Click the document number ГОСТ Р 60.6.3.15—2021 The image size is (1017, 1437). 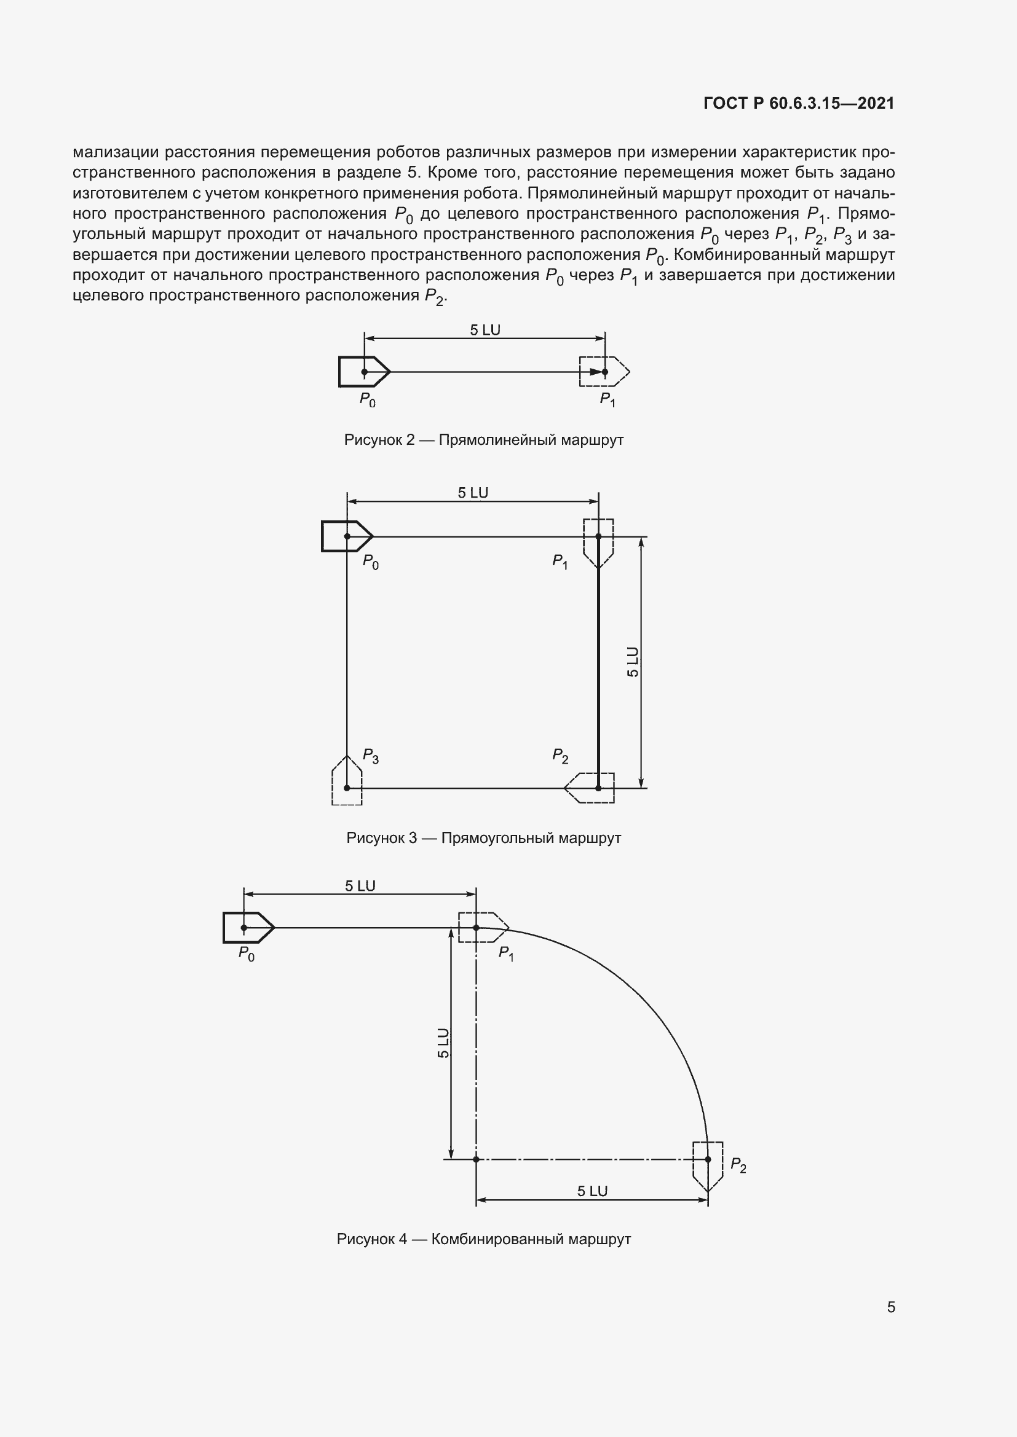click(799, 103)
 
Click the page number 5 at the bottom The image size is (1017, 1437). click(890, 1307)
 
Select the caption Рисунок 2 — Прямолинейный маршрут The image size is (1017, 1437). click(483, 440)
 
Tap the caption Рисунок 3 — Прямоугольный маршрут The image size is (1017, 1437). click(483, 837)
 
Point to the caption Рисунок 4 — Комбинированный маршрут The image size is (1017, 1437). click(483, 1239)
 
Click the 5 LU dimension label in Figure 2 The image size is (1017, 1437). click(485, 330)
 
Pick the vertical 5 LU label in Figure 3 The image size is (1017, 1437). click(633, 662)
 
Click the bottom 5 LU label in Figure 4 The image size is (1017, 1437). click(592, 1191)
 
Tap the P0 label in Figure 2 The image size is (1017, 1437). click(367, 400)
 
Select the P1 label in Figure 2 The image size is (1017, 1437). click(607, 400)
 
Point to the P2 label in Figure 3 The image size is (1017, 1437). click(560, 756)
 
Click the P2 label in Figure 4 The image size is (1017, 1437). click(738, 1165)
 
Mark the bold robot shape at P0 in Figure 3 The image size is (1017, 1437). click(344, 536)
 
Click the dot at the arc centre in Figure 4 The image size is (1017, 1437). click(476, 1159)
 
